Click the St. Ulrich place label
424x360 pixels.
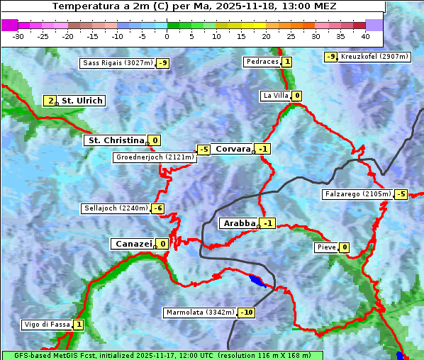(x=82, y=101)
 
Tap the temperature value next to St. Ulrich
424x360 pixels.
(x=50, y=101)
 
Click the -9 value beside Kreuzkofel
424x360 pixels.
(x=330, y=57)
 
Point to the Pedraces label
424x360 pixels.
(x=262, y=62)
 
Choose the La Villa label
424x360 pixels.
(x=276, y=96)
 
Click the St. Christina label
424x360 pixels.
(x=115, y=140)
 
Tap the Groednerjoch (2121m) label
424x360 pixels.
(x=155, y=157)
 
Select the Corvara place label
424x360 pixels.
(x=233, y=149)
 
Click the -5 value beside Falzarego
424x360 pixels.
(x=401, y=194)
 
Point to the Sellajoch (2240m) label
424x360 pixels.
(x=116, y=208)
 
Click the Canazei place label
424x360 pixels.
(x=133, y=244)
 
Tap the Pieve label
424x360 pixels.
(x=325, y=247)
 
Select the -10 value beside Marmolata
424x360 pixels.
(x=247, y=313)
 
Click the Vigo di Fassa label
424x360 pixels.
(x=48, y=325)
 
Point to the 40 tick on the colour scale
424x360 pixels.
(x=365, y=36)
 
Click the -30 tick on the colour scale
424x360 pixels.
(x=18, y=36)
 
